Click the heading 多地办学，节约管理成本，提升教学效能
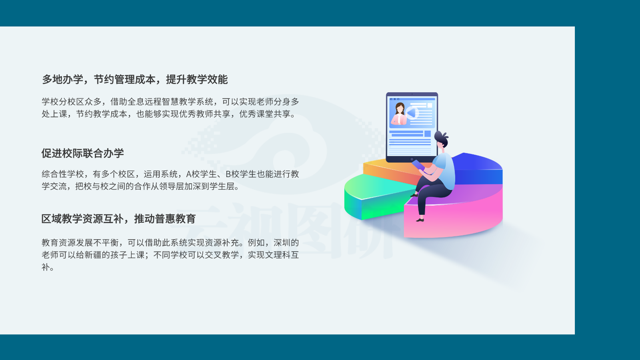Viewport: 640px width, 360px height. click(x=135, y=80)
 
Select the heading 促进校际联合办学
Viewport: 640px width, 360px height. click(x=82, y=153)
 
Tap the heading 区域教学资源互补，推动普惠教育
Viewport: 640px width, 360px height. click(x=118, y=219)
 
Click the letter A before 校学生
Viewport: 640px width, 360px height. click(x=188, y=174)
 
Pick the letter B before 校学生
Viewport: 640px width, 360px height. click(x=228, y=174)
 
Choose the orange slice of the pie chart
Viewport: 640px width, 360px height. click(x=388, y=172)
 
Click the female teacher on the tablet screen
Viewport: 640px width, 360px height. click(x=399, y=114)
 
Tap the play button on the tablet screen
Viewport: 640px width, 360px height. click(x=412, y=113)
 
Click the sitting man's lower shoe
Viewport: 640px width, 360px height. click(x=420, y=220)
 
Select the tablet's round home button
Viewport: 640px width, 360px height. click(x=412, y=159)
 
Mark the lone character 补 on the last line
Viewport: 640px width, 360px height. click(x=46, y=267)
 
